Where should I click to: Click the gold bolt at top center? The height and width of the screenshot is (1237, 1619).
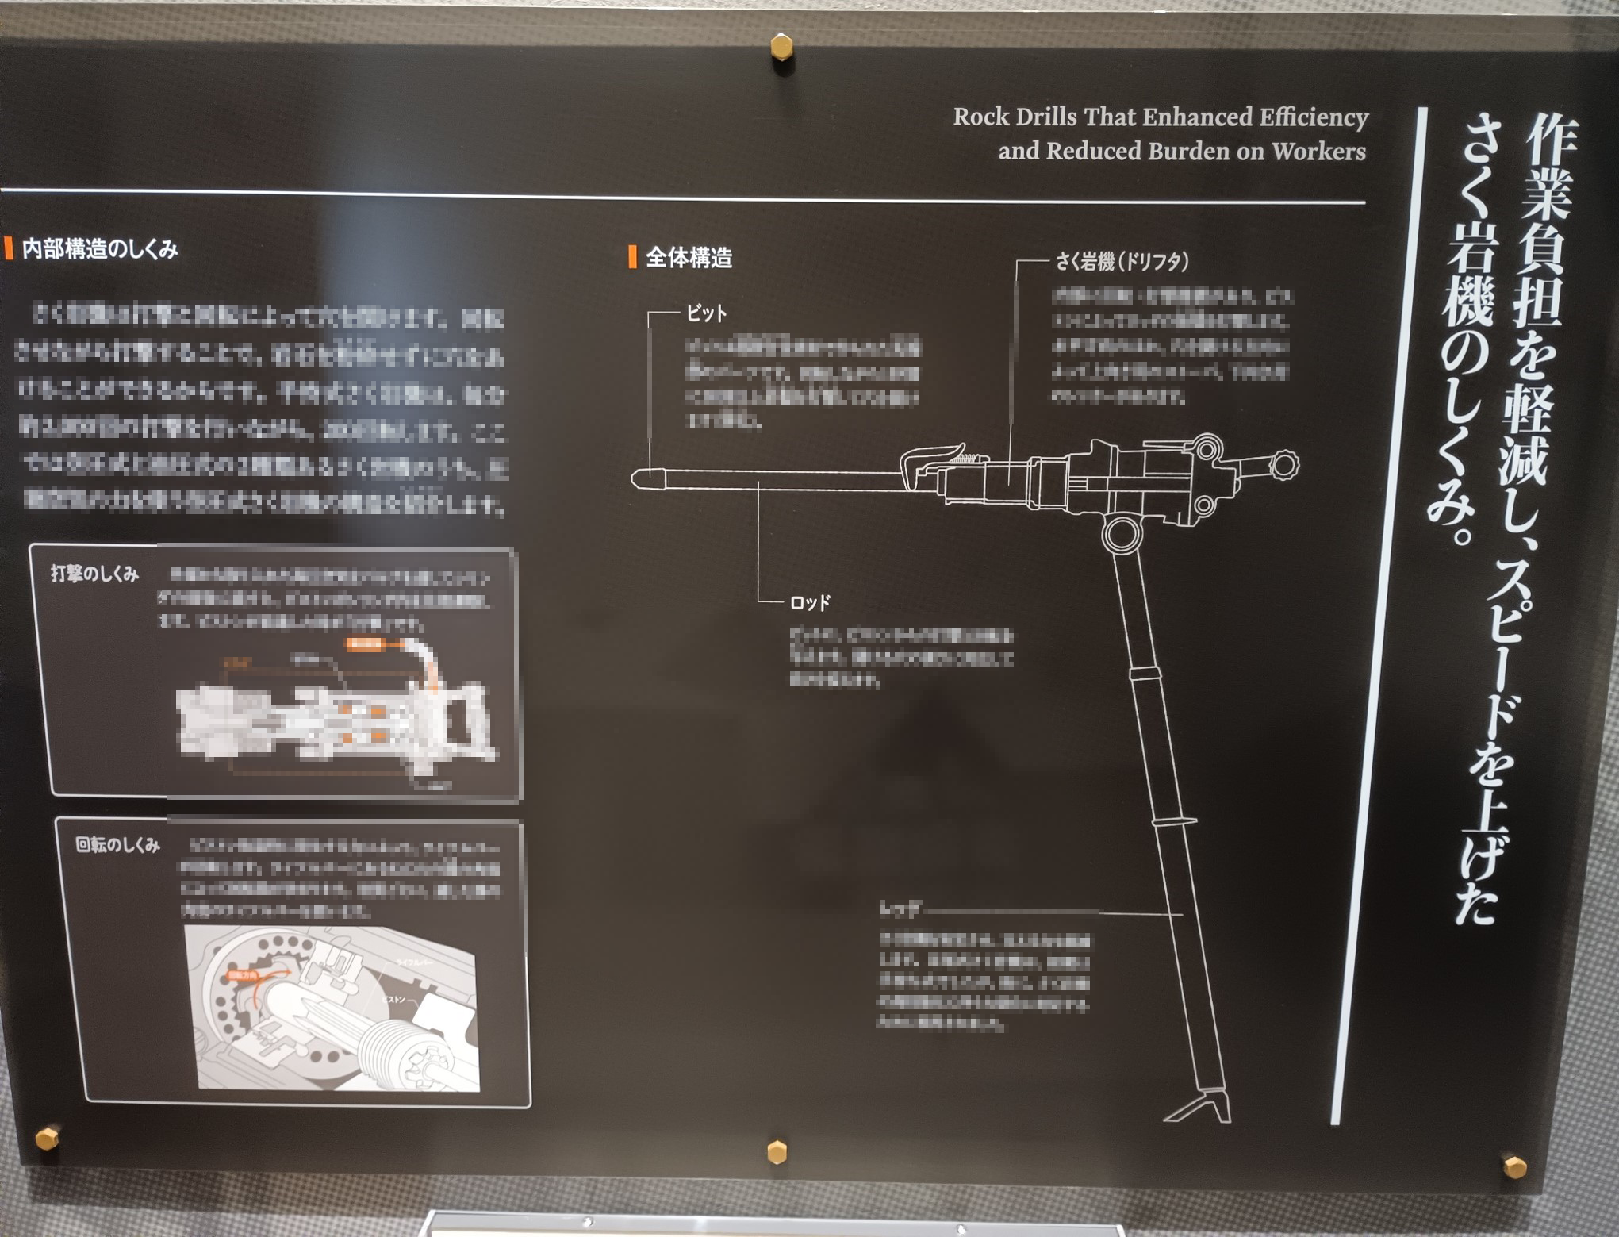781,47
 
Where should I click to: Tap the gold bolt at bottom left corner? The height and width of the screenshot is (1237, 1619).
47,1137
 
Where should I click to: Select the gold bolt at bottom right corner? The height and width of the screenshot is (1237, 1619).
1514,1166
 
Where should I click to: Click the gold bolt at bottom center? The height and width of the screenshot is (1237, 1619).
777,1151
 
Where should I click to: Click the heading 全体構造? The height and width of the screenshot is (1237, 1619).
689,258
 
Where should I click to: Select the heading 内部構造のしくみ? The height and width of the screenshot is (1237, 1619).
100,249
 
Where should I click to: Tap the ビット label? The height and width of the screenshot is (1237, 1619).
706,313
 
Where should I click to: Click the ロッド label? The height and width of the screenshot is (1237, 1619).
810,603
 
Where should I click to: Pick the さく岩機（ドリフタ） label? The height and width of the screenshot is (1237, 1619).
1121,261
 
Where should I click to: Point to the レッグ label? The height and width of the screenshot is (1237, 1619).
900,909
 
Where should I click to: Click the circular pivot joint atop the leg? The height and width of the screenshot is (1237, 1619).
1121,534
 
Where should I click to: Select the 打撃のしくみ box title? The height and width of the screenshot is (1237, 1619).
94,574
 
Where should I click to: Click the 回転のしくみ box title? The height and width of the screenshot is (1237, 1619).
117,844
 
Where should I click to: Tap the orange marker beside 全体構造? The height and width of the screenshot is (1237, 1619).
632,257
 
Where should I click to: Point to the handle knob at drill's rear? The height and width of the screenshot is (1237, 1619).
1283,465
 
